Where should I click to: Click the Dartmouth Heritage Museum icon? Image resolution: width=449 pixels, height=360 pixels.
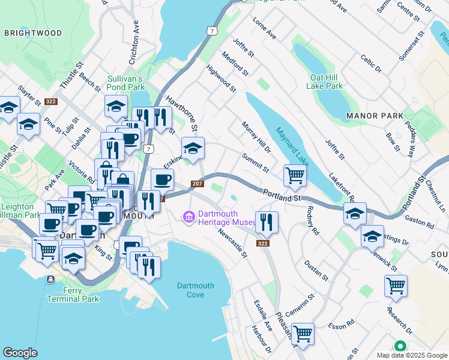click(189, 216)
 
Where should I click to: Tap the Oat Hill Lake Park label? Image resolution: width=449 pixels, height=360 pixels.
click(327, 82)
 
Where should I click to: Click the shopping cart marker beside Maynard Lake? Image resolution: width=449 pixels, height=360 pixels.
click(295, 176)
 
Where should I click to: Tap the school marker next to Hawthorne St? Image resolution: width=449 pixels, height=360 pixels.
click(193, 148)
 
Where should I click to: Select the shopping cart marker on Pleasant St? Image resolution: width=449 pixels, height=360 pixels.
click(303, 333)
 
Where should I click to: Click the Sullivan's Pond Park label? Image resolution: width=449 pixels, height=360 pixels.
click(125, 83)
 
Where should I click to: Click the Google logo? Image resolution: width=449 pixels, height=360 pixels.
click(20, 353)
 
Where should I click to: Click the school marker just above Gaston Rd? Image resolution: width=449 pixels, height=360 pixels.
click(355, 214)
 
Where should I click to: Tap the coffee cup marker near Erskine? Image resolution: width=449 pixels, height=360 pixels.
click(162, 179)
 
